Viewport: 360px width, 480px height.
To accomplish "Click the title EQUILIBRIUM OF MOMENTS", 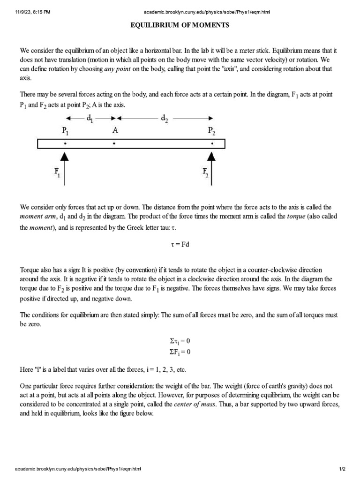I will [x=180, y=25].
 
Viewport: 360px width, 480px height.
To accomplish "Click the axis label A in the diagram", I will [x=114, y=132].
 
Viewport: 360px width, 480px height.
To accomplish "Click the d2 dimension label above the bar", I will [x=165, y=119].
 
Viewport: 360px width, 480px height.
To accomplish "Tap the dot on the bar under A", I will [x=114, y=144].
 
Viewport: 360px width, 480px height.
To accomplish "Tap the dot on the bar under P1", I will [x=64, y=144].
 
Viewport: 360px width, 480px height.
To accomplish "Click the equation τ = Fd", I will [x=180, y=244].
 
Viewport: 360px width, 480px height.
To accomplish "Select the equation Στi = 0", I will [x=180, y=341].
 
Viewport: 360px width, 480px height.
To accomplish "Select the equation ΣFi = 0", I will [x=180, y=352].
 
